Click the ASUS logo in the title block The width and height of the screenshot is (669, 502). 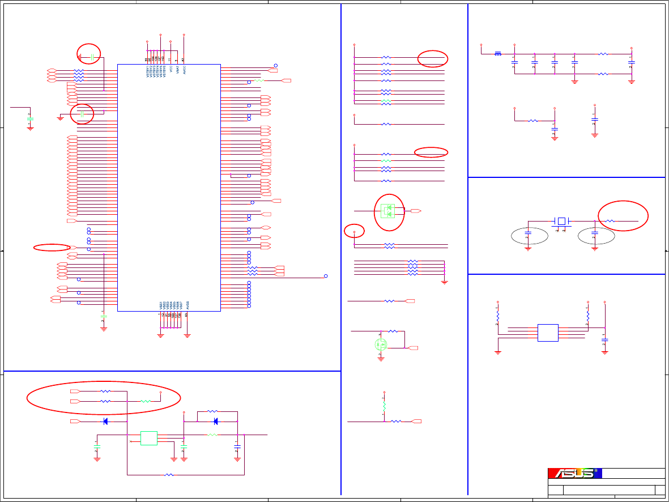(x=573, y=473)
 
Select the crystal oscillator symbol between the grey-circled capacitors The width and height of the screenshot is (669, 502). (x=561, y=220)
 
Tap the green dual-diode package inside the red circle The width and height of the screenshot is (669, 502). (x=388, y=211)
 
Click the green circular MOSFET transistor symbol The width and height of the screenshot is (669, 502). (x=381, y=344)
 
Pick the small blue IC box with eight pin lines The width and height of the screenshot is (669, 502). (x=548, y=333)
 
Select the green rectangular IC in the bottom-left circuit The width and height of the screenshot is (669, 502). (x=149, y=438)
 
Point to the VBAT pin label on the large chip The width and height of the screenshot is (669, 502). (x=177, y=70)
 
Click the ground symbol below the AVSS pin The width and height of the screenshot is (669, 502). (x=187, y=335)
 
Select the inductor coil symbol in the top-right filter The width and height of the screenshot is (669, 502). (x=497, y=54)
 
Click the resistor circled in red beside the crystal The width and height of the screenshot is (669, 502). (x=611, y=220)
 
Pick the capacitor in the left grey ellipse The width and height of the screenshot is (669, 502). (x=528, y=233)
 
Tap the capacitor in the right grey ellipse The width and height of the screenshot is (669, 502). (x=595, y=233)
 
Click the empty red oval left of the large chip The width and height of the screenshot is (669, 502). (x=52, y=247)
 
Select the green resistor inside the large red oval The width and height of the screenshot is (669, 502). (x=146, y=401)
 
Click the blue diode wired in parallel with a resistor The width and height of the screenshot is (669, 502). (x=215, y=421)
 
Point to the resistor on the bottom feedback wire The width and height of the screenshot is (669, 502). (x=169, y=474)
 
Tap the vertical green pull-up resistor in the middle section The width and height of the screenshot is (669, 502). (x=384, y=407)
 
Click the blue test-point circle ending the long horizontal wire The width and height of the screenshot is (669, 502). (x=326, y=276)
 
